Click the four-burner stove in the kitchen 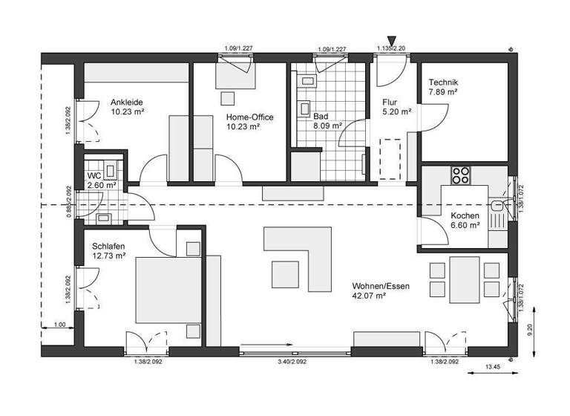461,175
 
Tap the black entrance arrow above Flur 393,40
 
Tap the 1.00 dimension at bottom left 60,324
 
